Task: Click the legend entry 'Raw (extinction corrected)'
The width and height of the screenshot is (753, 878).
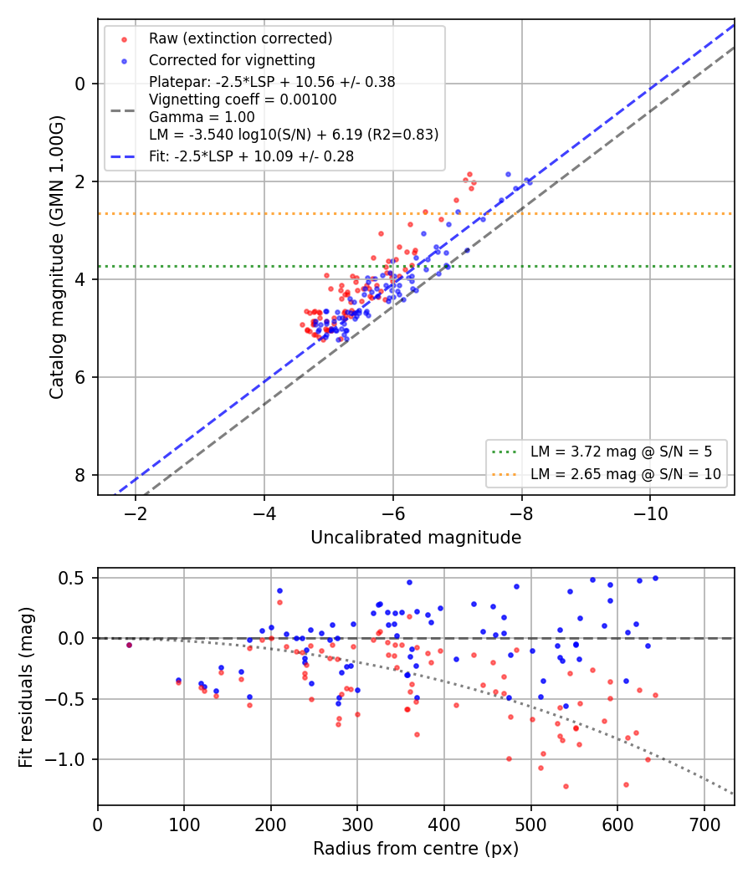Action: (240, 38)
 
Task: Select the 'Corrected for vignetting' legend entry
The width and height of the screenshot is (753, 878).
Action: (232, 60)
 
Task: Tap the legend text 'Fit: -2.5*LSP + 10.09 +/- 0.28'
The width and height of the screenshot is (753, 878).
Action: (251, 156)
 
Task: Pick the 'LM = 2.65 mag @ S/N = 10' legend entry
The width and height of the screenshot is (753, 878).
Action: (625, 474)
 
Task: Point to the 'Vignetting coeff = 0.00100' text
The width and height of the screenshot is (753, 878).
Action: (243, 100)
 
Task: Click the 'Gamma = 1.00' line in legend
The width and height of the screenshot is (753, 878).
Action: (202, 117)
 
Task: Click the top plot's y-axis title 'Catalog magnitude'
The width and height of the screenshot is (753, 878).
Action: (56, 316)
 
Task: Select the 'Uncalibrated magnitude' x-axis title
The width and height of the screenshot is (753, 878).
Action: (416, 538)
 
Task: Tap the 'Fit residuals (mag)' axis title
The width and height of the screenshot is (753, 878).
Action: (26, 687)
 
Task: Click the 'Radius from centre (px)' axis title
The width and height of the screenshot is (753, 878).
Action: (416, 849)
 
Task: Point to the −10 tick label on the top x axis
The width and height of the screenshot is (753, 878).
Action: (650, 513)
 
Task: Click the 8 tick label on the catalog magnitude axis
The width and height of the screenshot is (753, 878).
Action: (80, 475)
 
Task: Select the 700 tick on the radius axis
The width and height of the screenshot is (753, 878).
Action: (704, 824)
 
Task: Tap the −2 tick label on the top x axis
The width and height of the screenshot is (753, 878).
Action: (135, 513)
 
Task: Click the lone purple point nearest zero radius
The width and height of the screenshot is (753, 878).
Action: (130, 645)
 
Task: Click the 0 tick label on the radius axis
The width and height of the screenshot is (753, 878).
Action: (98, 824)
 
